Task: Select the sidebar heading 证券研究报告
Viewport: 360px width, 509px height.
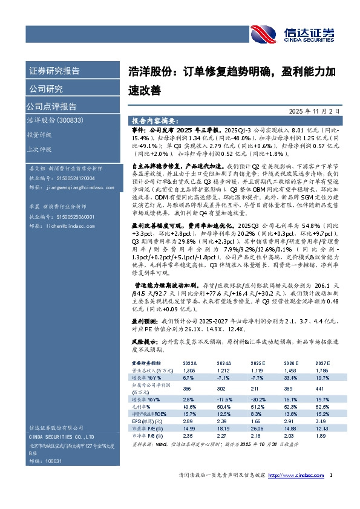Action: point(54,71)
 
